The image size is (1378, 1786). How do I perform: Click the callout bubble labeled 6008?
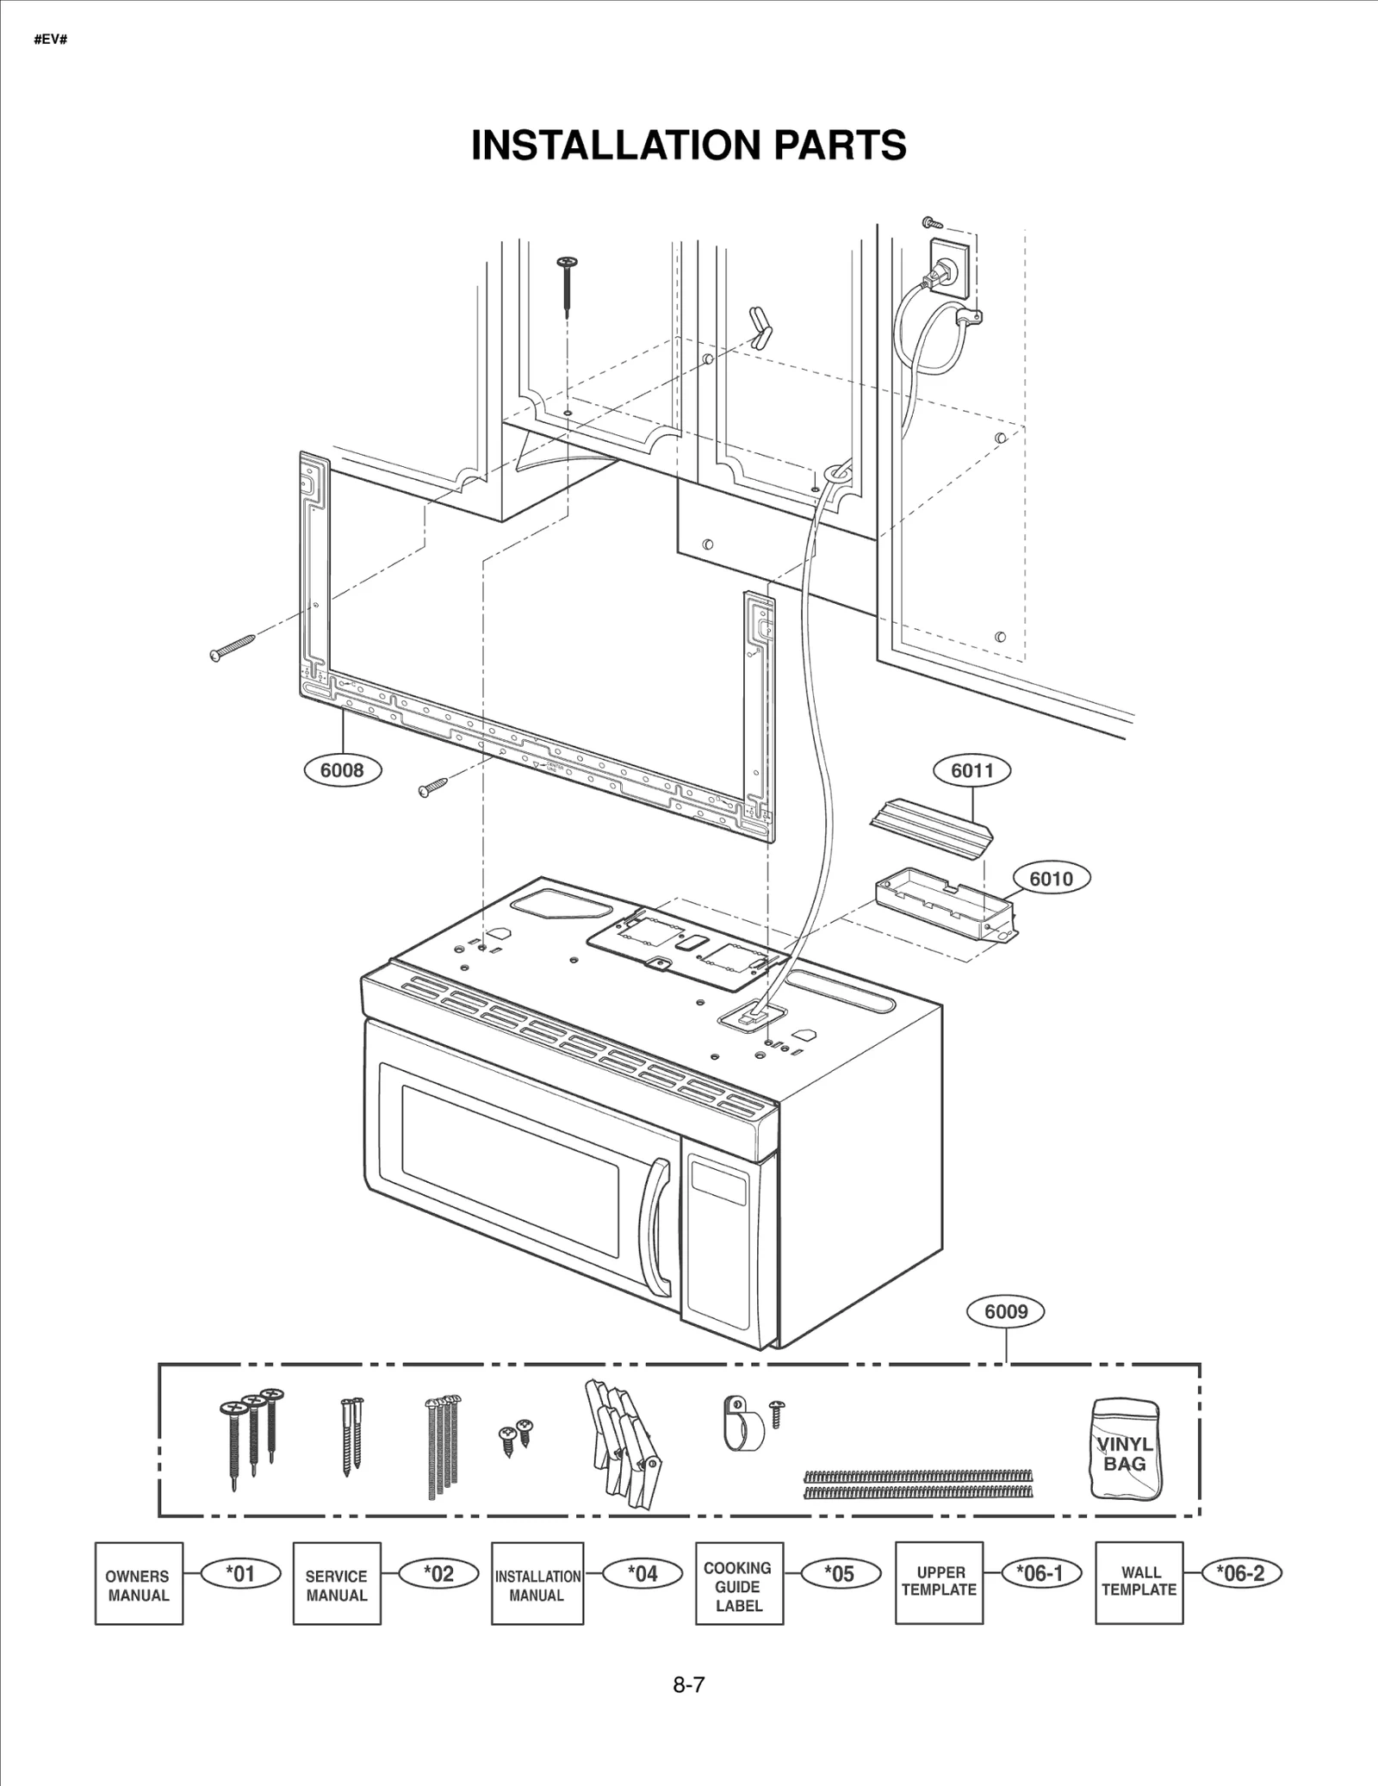[342, 769]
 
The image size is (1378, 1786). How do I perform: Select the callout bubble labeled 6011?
[971, 770]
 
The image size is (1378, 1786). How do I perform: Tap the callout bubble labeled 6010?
[1051, 878]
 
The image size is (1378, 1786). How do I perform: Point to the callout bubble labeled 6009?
[1006, 1311]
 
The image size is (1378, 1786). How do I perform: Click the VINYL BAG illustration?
[1125, 1448]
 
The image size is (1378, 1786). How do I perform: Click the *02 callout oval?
[439, 1573]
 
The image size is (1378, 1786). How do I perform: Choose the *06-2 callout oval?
[1241, 1573]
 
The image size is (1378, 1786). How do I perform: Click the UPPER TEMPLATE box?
[939, 1583]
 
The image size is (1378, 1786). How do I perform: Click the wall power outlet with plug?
[944, 272]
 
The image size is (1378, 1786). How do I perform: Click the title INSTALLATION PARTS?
[688, 145]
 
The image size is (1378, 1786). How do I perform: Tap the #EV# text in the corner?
[50, 40]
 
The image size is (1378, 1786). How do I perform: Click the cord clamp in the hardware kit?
[742, 1424]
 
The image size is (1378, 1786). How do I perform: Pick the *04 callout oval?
[642, 1573]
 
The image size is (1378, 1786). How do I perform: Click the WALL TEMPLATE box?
[1139, 1583]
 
